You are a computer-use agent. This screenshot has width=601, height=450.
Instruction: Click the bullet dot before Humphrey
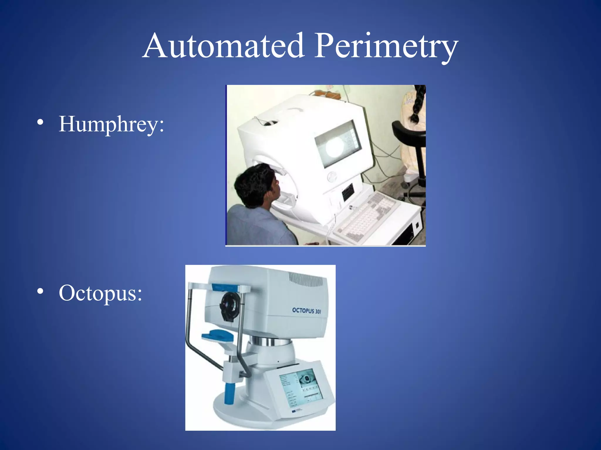point(40,122)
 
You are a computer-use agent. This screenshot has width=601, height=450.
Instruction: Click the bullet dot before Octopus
point(40,291)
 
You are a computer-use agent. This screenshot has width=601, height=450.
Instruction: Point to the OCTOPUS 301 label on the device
point(306,311)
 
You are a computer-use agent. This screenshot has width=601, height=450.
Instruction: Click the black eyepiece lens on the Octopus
point(229,306)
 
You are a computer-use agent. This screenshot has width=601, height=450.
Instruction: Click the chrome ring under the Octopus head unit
point(271,341)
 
